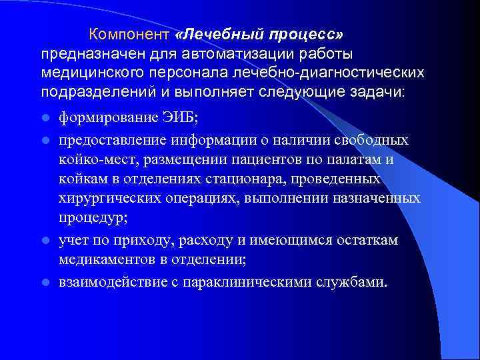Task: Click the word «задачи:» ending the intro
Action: [375, 91]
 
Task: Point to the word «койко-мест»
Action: [96, 159]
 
